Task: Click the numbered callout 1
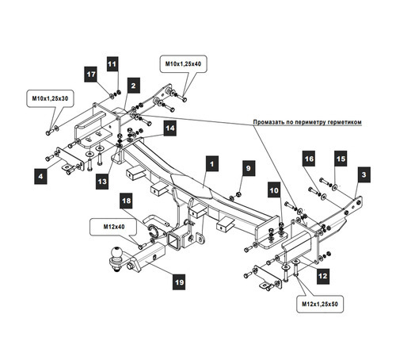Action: pos(212,164)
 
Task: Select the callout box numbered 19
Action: pos(179,281)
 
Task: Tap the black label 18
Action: pos(126,201)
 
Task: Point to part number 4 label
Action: pos(40,176)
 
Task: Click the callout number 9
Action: pos(249,168)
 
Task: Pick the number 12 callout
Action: pos(323,276)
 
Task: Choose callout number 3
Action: pos(364,174)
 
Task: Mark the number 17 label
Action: pos(91,75)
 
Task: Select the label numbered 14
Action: pos(170,128)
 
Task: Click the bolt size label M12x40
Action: pos(113,227)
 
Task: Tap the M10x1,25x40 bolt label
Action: pos(183,63)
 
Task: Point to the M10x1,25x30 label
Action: pos(50,98)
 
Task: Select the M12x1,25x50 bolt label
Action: pos(320,304)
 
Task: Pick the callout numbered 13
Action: pos(102,182)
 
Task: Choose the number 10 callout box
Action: pos(274,190)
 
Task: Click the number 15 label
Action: pos(341,159)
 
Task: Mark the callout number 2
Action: pos(133,86)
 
